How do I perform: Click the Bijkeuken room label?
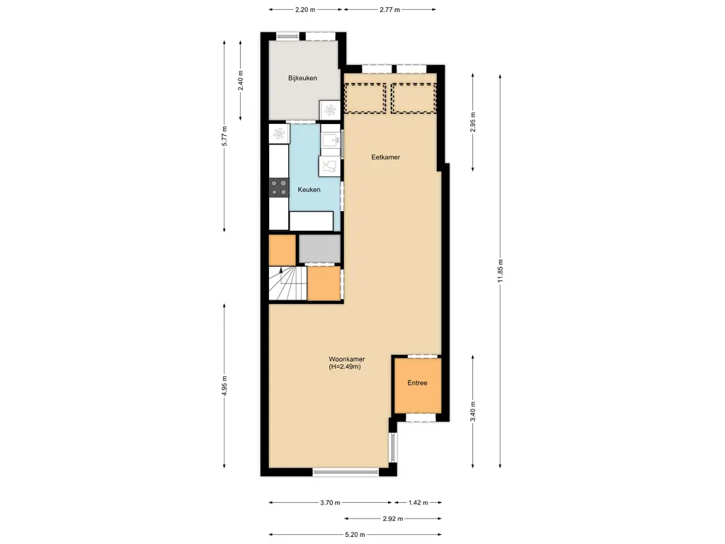302,78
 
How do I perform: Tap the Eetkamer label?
386,157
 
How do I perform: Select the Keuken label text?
309,190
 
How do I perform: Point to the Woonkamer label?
347,359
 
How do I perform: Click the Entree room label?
417,383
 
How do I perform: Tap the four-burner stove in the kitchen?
279,188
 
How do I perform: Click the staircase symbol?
288,283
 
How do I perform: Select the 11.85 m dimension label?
501,271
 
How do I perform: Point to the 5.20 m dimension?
355,535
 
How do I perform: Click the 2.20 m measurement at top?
304,9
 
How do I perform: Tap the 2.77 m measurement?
389,9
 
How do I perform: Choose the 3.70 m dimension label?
330,502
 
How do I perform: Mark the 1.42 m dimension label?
418,502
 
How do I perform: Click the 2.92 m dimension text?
392,518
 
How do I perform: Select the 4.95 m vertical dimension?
224,385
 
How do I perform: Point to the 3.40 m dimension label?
472,412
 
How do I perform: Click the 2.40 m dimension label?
241,80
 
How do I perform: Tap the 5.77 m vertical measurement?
224,136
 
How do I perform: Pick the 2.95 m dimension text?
472,123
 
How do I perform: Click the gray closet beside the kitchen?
319,249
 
